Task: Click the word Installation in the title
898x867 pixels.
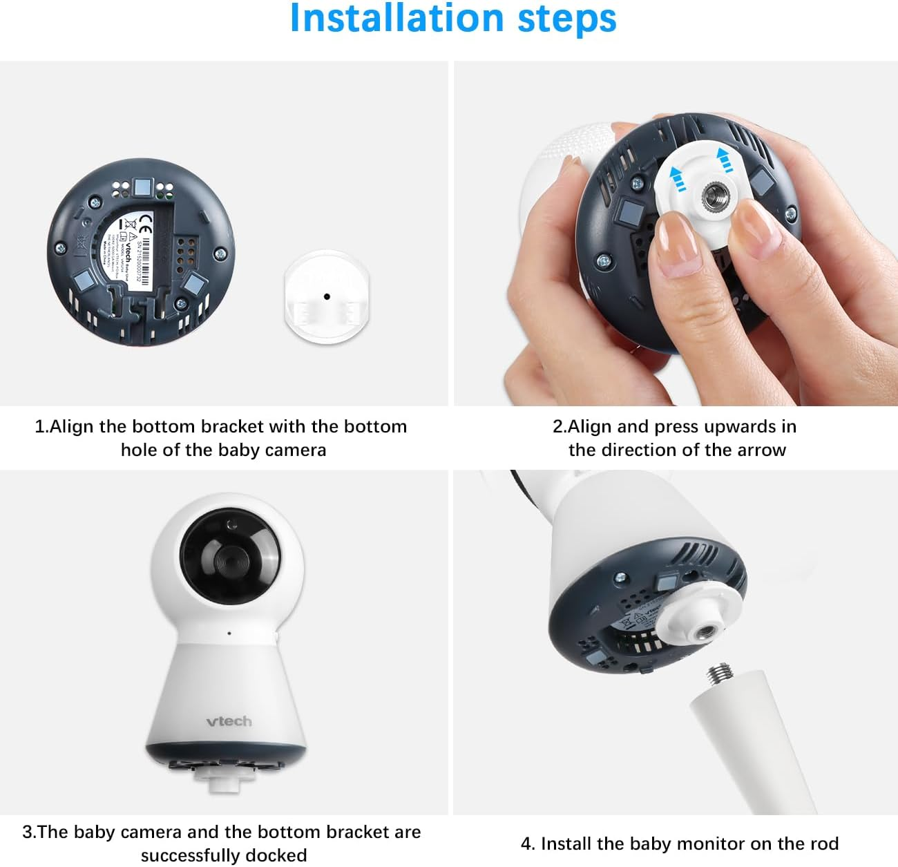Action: point(397,19)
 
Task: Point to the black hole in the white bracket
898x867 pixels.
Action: point(327,296)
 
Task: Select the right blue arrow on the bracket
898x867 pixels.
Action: point(724,160)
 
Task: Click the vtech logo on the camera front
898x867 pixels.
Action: point(229,721)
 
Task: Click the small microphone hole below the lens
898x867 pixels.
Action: point(229,633)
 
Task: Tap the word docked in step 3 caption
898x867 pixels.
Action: point(277,855)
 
